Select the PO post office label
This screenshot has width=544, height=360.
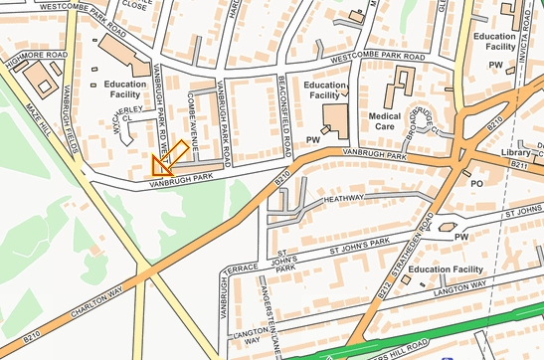coord(476,184)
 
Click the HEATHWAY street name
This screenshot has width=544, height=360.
coord(345,199)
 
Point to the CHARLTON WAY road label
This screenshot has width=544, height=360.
coord(94,304)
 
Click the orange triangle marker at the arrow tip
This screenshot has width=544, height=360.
coord(159,166)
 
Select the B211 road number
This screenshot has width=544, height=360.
coord(517,164)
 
